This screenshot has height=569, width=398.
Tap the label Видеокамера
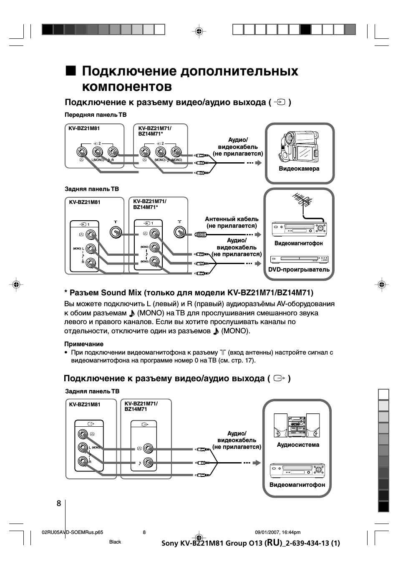click(299, 169)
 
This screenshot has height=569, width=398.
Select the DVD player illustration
click(299, 259)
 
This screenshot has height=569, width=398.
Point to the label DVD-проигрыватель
click(299, 269)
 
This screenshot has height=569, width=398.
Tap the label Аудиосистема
click(298, 445)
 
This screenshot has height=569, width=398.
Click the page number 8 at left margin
click(59, 503)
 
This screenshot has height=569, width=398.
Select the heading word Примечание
click(84, 344)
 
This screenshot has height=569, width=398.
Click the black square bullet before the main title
click(71, 71)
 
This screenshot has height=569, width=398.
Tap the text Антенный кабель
click(232, 219)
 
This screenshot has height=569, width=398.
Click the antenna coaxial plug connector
click(201, 234)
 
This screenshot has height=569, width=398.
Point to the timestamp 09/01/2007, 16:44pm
click(277, 532)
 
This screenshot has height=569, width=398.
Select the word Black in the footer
click(115, 542)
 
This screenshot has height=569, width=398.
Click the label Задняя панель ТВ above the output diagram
click(92, 391)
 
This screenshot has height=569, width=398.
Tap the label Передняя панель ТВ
click(96, 115)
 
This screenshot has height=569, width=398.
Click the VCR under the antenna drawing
click(299, 229)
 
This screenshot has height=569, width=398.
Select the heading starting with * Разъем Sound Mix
click(189, 292)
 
